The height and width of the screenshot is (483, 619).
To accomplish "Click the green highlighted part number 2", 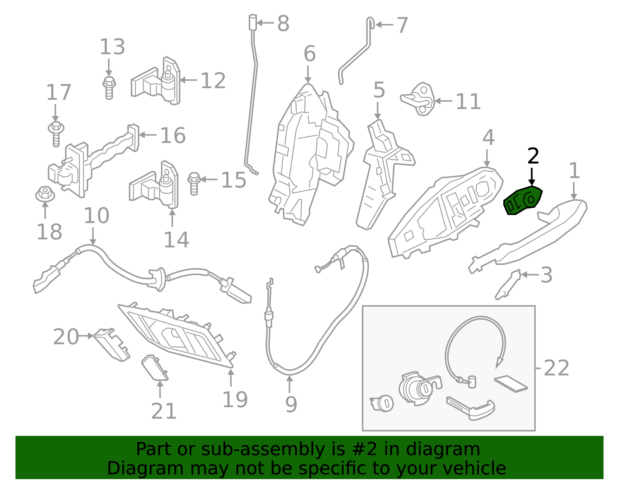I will click(x=523, y=201).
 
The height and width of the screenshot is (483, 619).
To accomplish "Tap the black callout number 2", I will click(x=533, y=157).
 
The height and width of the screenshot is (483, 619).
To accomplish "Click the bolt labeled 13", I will click(x=109, y=87).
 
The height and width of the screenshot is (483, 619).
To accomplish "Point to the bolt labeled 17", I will click(x=56, y=133).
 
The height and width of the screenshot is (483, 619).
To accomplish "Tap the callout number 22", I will click(x=556, y=368).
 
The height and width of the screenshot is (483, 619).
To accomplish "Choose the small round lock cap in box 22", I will click(x=382, y=403).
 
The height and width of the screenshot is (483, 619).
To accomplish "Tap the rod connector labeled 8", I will click(x=253, y=22).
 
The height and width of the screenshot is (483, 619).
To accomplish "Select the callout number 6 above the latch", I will click(x=309, y=54).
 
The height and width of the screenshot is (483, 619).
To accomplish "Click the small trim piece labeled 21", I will click(x=154, y=368).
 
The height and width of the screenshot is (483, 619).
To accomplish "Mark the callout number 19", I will click(x=235, y=400).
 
